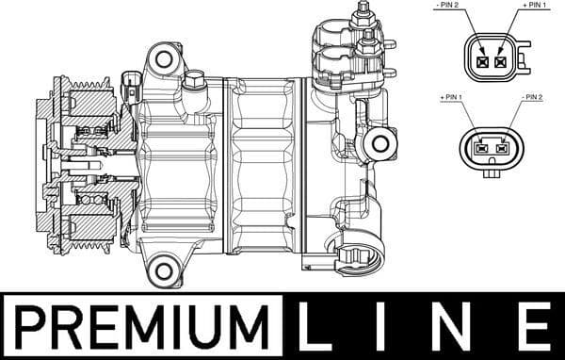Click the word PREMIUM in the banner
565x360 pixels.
tap(141, 326)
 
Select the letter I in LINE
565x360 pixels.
tap(391, 326)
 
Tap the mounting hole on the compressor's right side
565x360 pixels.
tap(380, 144)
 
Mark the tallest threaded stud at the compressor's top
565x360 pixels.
tap(363, 17)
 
